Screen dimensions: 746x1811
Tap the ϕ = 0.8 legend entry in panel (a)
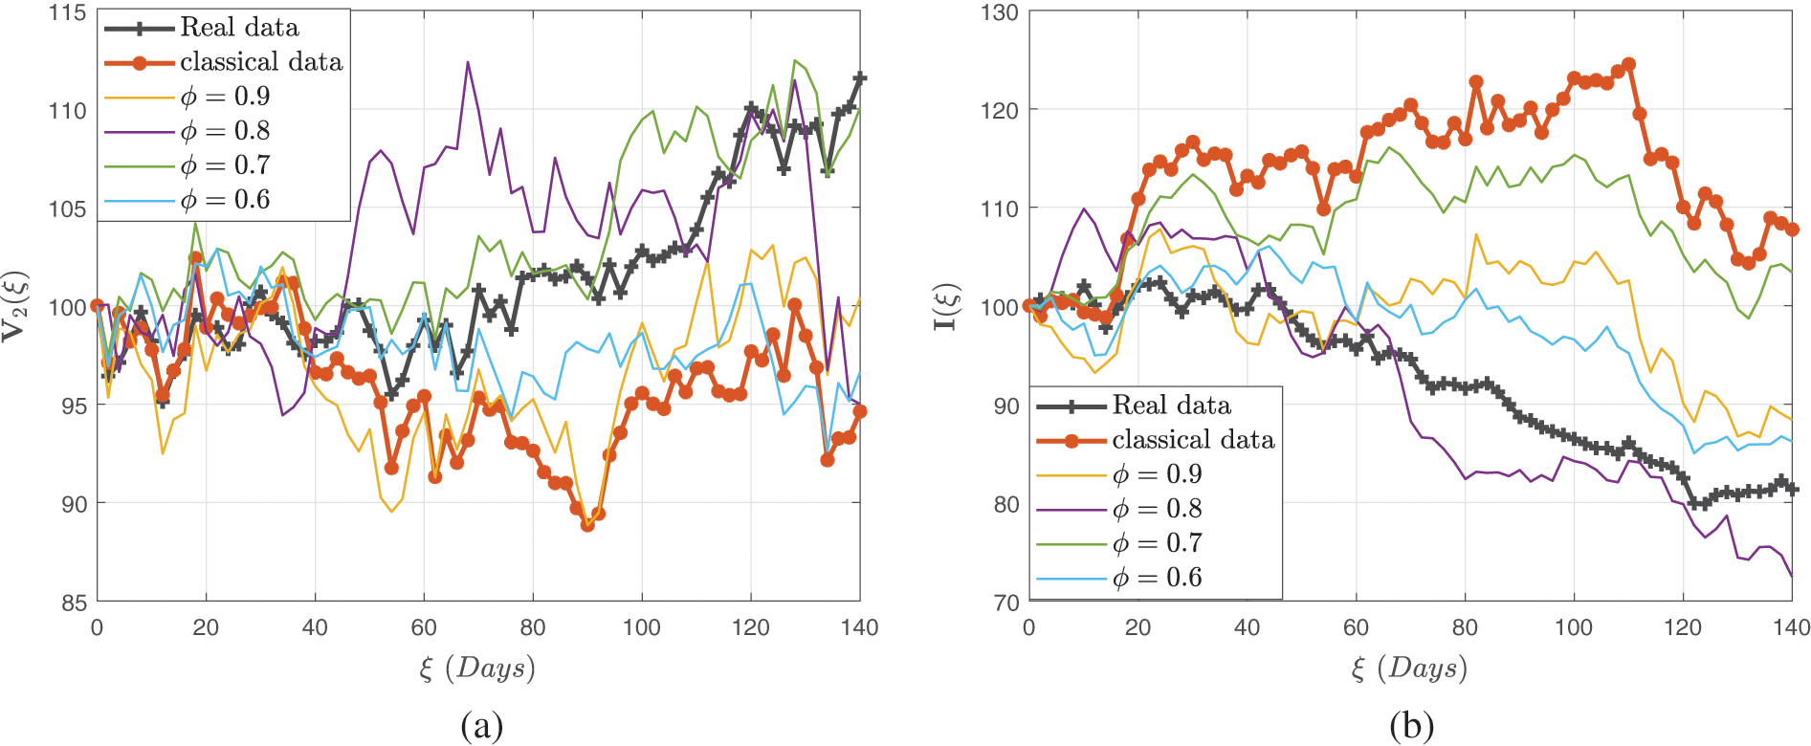click(x=225, y=131)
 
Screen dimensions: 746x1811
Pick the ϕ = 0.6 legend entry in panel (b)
click(x=1157, y=578)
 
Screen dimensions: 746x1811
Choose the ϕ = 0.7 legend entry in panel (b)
click(x=1157, y=543)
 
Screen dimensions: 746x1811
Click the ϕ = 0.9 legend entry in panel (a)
click(x=225, y=97)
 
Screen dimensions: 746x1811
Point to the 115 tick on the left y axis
click(x=67, y=13)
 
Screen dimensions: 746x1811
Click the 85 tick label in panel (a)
click(x=74, y=603)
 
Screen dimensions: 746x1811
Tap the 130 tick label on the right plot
click(x=999, y=13)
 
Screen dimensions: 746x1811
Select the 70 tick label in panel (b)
click(x=1005, y=603)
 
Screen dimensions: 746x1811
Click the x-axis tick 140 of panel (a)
click(x=859, y=627)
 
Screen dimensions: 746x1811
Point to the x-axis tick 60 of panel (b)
click(x=1356, y=627)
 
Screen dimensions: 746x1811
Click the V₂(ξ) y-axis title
click(x=15, y=306)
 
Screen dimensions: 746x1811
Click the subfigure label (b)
click(x=1411, y=727)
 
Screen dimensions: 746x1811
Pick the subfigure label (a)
click(x=481, y=727)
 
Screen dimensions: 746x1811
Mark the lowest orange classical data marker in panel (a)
click(x=587, y=524)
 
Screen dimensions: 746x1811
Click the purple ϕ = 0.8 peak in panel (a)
click(x=468, y=62)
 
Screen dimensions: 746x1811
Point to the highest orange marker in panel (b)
click(x=1629, y=65)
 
